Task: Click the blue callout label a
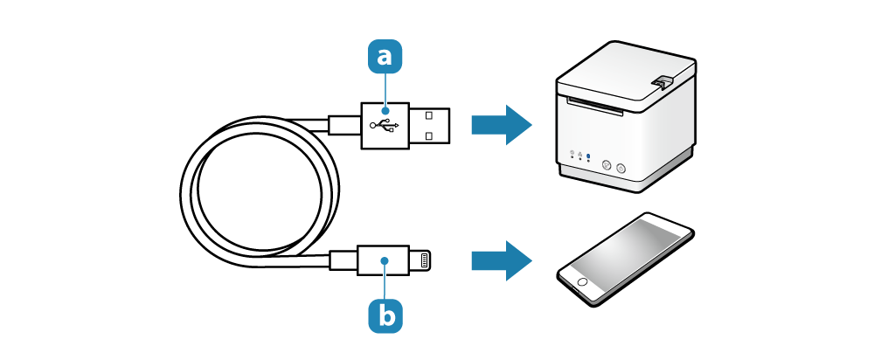[x=385, y=56]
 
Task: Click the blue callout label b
[x=385, y=316]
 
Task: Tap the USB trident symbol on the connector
[x=385, y=125]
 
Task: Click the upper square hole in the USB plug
[x=428, y=115]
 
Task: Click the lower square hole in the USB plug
[x=428, y=135]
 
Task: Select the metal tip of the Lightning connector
[x=422, y=260]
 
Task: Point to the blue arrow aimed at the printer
[x=501, y=125]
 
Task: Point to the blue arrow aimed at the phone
[x=501, y=260]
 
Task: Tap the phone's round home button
[x=582, y=280]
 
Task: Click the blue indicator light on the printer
[x=588, y=156]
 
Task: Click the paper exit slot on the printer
[x=594, y=107]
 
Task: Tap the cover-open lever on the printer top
[x=661, y=81]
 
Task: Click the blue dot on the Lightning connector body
[x=385, y=260]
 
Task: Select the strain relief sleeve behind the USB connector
[x=344, y=125]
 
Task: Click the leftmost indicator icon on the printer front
[x=572, y=154]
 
